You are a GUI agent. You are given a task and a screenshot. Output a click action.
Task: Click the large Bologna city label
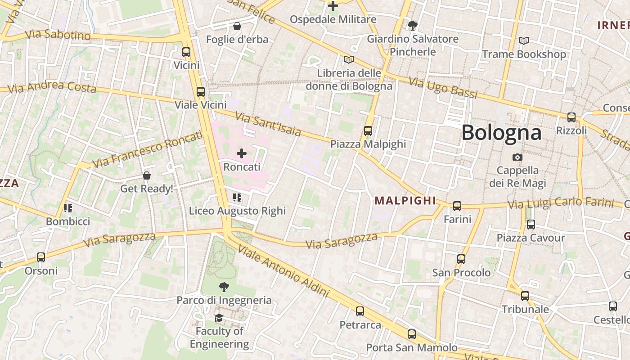[x=501, y=133]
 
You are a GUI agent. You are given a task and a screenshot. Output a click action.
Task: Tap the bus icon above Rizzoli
[x=571, y=117]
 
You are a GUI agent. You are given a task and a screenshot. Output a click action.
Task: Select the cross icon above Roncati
[x=242, y=153]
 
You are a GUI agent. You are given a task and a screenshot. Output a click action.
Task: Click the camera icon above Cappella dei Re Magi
[x=517, y=157]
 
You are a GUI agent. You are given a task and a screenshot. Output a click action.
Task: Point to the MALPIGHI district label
[x=405, y=201]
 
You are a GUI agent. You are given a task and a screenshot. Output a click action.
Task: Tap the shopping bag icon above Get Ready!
[x=146, y=175]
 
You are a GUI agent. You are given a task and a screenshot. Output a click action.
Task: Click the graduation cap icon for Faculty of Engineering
[x=219, y=318]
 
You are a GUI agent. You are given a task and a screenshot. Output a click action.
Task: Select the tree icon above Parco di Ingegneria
[x=224, y=287]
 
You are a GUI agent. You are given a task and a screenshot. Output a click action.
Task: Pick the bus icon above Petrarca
[x=360, y=311]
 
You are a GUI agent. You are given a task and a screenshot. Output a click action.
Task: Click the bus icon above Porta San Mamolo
[x=412, y=334]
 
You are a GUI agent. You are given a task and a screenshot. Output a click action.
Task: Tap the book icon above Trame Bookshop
[x=524, y=41]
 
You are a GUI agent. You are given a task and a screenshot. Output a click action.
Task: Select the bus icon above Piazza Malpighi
[x=368, y=131]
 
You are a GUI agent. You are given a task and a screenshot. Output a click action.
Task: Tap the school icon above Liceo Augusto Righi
[x=237, y=198]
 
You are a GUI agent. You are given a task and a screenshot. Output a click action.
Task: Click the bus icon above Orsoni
[x=41, y=257]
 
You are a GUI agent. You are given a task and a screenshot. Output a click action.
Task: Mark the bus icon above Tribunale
[x=525, y=296]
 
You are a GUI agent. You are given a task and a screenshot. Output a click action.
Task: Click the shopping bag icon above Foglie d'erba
[x=237, y=27]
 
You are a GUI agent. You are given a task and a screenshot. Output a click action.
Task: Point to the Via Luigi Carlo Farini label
[x=561, y=203]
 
